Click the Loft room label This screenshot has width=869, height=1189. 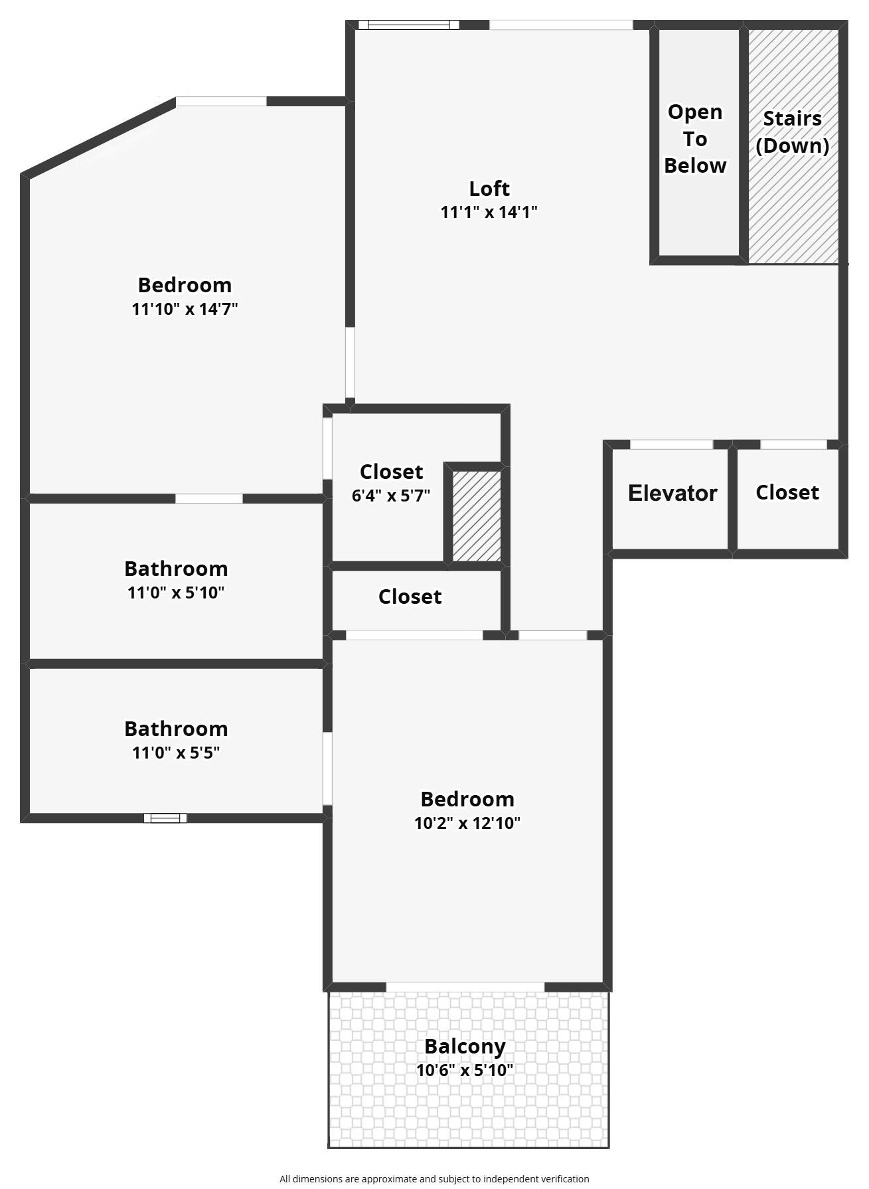point(489,189)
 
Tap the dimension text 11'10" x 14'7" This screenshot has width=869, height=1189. point(185,309)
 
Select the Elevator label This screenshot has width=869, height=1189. point(672,493)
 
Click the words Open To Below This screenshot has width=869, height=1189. point(695,139)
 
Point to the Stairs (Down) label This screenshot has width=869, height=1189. point(792,132)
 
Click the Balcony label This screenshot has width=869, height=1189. point(465,1046)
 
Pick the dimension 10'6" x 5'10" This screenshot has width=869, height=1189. point(465,1070)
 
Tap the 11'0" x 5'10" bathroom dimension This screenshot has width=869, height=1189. point(176,592)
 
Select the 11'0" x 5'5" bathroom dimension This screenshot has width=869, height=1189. point(176,753)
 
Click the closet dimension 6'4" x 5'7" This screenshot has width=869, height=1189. point(391,495)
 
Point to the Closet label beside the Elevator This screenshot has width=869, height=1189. point(787,492)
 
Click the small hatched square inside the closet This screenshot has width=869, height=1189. point(477,516)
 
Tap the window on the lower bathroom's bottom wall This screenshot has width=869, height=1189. point(165,818)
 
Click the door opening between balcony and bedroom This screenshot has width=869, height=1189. point(465,987)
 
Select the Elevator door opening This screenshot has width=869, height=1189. point(671,444)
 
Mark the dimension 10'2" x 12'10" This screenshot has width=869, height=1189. point(467,823)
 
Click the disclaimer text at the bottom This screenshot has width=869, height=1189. point(434,1178)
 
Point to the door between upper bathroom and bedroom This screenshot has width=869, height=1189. point(208,498)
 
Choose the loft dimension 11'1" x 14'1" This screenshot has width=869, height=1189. point(489,212)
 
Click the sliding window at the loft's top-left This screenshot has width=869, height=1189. point(408,25)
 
